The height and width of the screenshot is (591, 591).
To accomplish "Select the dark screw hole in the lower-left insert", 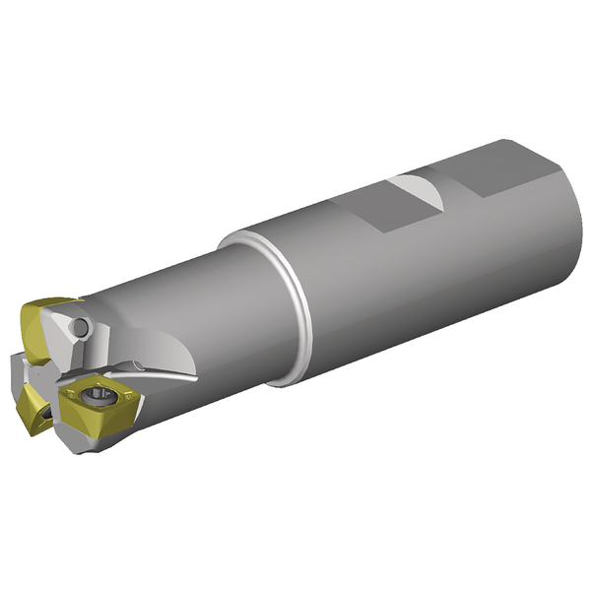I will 45,415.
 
